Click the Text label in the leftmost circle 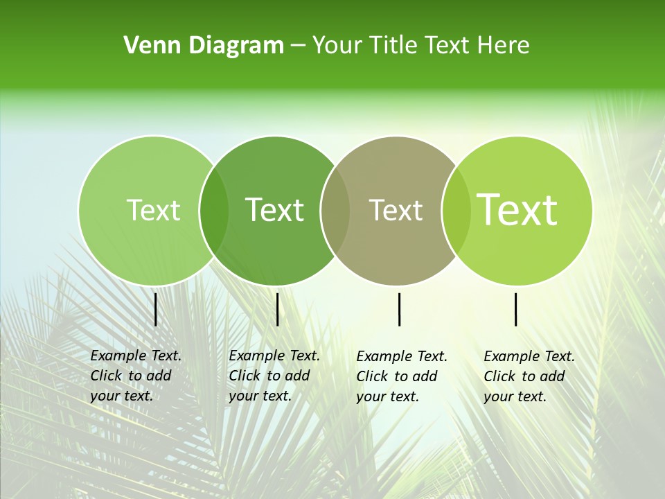153,210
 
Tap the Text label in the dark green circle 274,210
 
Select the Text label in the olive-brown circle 396,210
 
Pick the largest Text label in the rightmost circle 517,210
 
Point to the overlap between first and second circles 213,211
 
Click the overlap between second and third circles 335,211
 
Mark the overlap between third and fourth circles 456,211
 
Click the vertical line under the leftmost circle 155,309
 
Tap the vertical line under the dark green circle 277,309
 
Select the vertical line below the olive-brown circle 400,309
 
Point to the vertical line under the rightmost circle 516,309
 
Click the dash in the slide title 298,46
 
